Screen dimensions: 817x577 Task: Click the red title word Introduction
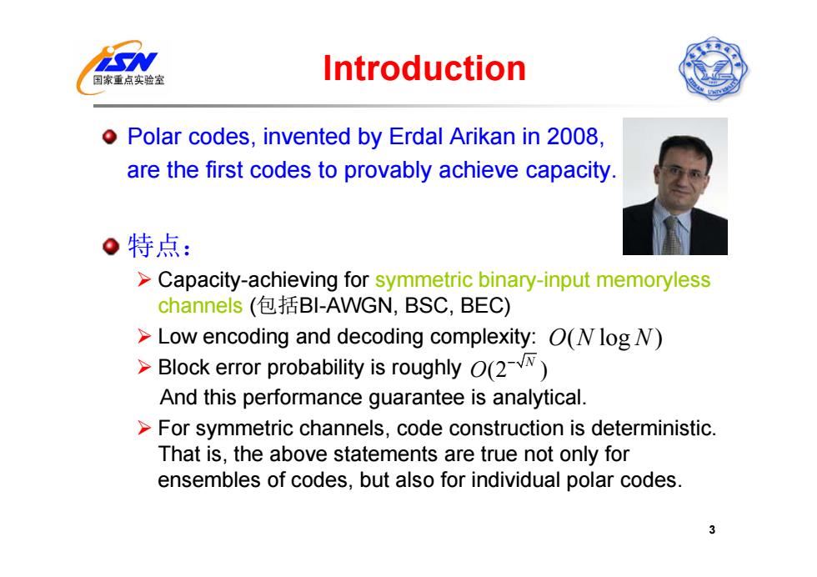pos(424,68)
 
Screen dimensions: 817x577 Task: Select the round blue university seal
pos(714,68)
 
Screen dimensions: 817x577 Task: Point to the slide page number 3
pos(712,529)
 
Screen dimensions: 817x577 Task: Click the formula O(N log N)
pos(605,338)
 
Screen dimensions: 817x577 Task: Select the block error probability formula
pos(509,368)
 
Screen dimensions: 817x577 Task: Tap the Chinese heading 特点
pos(154,245)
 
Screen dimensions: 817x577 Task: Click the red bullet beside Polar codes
pos(109,137)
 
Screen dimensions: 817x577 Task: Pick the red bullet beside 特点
pos(110,246)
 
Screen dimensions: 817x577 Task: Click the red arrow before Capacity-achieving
pos(144,280)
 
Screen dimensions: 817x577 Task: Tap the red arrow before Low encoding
pos(144,337)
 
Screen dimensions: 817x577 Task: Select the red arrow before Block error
pos(144,368)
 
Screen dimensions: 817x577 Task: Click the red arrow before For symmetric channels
pos(144,429)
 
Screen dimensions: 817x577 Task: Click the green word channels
pos(200,305)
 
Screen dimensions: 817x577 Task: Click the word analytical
pos(539,398)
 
